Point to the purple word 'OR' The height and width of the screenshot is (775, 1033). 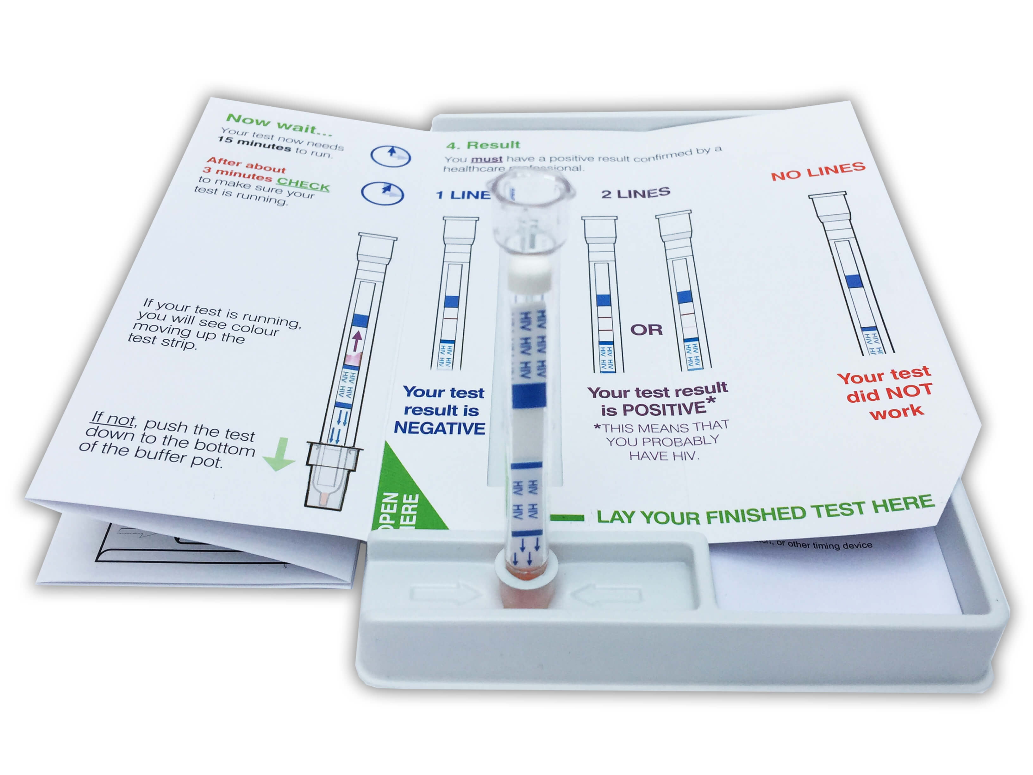tap(646, 330)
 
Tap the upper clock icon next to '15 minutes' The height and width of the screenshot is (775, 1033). tap(391, 155)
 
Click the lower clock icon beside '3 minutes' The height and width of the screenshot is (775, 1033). tap(383, 192)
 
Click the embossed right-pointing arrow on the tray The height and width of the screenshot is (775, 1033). tap(446, 594)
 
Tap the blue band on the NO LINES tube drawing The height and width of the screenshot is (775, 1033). tap(853, 280)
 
